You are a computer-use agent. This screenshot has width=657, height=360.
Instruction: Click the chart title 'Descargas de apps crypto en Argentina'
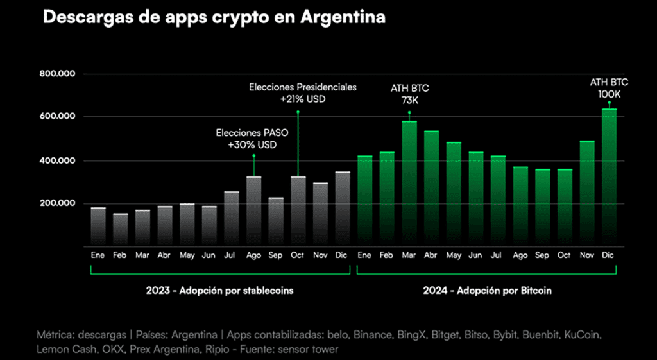pos(214,17)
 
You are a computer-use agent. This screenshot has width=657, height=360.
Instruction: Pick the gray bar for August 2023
pos(253,211)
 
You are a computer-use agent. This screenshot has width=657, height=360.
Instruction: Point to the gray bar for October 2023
pos(298,211)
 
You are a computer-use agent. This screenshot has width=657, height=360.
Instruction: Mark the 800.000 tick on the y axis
pos(58,74)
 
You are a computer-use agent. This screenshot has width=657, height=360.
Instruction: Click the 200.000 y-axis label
pos(58,203)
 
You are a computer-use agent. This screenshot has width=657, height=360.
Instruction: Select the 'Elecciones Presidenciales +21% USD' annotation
pos(302,93)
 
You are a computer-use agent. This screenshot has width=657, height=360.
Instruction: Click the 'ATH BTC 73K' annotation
pos(409,94)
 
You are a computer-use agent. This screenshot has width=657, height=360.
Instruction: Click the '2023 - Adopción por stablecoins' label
pos(220,291)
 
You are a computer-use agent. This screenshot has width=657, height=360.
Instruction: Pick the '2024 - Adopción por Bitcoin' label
pos(487,291)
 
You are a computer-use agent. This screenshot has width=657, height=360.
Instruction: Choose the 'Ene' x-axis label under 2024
pos(364,255)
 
